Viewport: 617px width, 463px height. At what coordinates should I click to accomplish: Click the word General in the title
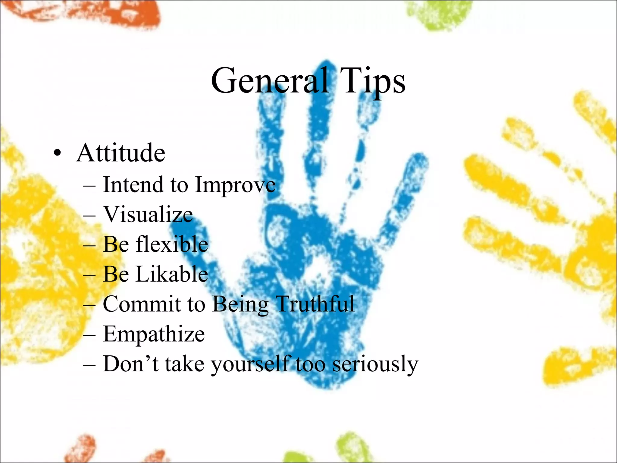270,81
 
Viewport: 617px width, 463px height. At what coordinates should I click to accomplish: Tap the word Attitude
121,153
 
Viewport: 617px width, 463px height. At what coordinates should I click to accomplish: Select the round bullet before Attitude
57,153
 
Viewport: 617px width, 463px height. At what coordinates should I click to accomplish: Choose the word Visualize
148,214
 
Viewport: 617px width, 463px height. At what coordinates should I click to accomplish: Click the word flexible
172,244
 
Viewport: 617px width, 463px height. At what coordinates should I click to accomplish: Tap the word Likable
172,274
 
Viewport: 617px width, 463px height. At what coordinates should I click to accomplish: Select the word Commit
142,304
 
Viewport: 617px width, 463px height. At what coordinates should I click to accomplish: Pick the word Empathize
154,334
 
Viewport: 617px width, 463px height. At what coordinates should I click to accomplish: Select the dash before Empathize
89,335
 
